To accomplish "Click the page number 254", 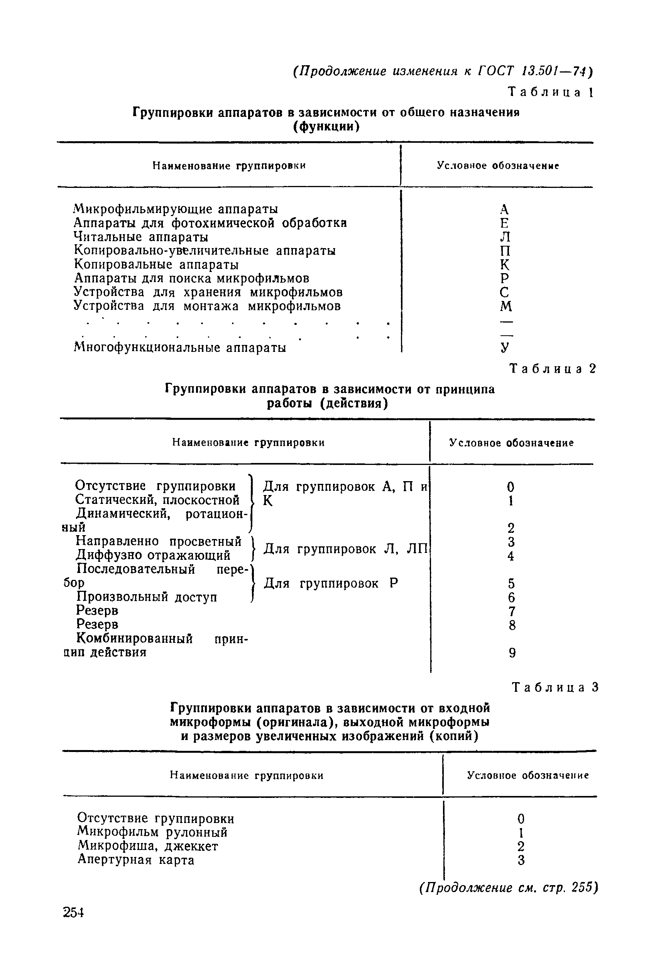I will [x=74, y=912].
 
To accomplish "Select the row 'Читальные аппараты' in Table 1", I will [x=141, y=237].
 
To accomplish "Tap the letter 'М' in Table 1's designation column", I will [x=506, y=307].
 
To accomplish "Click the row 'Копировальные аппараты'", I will [x=156, y=265].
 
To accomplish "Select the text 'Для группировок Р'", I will [x=331, y=583].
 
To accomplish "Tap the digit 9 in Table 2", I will [x=512, y=653].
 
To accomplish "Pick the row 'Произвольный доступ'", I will [x=147, y=597].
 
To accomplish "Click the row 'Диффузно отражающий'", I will [x=153, y=556].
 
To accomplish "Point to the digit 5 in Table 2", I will [x=511, y=583].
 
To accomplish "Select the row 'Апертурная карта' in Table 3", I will [x=136, y=860].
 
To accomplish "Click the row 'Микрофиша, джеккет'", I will [x=148, y=846].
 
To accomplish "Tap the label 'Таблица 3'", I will [x=556, y=687].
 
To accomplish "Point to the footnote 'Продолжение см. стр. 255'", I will [x=508, y=887].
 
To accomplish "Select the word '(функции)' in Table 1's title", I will [x=326, y=126].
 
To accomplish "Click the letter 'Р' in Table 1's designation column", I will [x=505, y=279].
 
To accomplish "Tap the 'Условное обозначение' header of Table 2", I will [x=512, y=443].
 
